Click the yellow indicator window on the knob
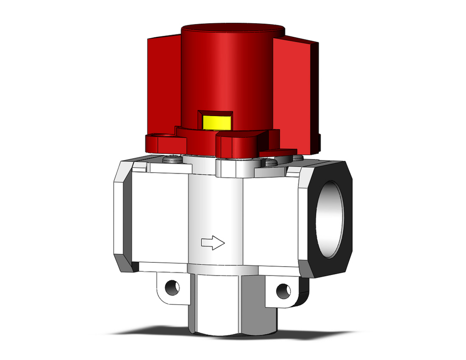coord(217,122)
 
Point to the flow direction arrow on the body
coord(212,242)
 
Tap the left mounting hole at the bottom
coord(172,286)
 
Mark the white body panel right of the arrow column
coord(270,219)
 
